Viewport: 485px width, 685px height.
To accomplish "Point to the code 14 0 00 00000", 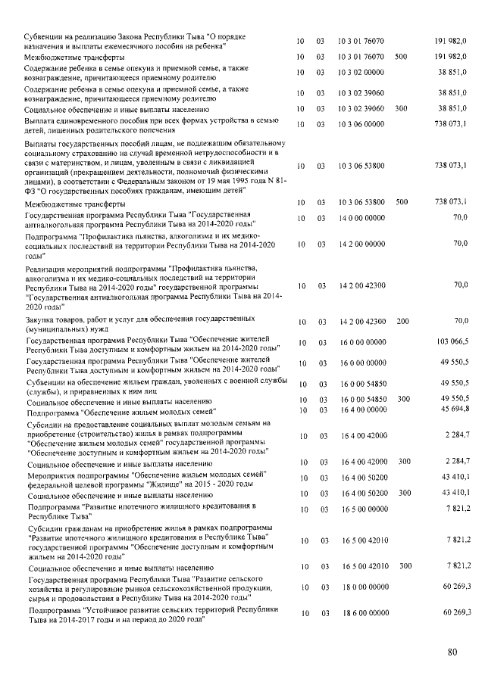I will tap(361, 218).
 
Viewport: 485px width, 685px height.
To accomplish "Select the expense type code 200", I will tap(402, 321).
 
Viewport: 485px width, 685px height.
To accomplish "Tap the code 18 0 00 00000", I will tap(361, 586).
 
